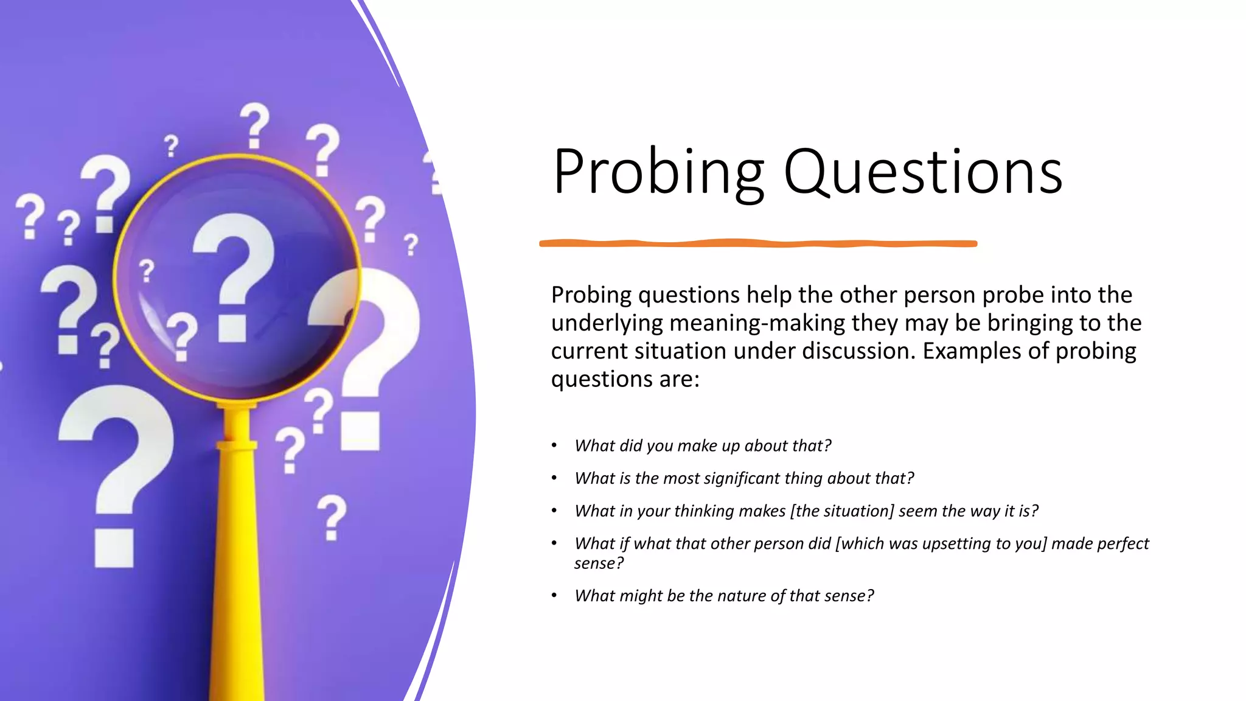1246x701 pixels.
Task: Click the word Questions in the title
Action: coord(923,172)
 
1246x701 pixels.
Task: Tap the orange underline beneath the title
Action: coord(758,243)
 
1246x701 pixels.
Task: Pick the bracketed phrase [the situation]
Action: coord(842,511)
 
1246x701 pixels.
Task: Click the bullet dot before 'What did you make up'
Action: coord(554,446)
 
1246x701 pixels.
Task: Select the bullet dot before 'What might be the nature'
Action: coord(554,596)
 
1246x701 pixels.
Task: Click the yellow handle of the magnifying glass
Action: coord(237,548)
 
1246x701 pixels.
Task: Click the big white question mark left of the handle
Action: coord(116,469)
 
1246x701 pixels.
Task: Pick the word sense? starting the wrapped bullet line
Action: coord(599,563)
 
